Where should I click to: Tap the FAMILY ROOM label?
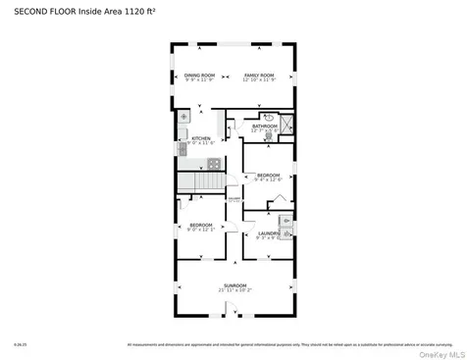[259, 76]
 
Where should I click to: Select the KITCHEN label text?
[201, 138]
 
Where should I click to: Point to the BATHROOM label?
[265, 126]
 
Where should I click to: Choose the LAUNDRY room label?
[269, 233]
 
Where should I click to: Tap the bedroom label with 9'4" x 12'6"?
[269, 176]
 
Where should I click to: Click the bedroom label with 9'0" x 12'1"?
[201, 226]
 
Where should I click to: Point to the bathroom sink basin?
[268, 116]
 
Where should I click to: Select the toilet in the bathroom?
[268, 136]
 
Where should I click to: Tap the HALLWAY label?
[233, 200]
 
